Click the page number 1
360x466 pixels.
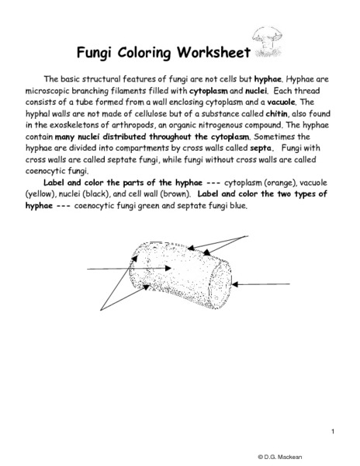click(331, 431)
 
